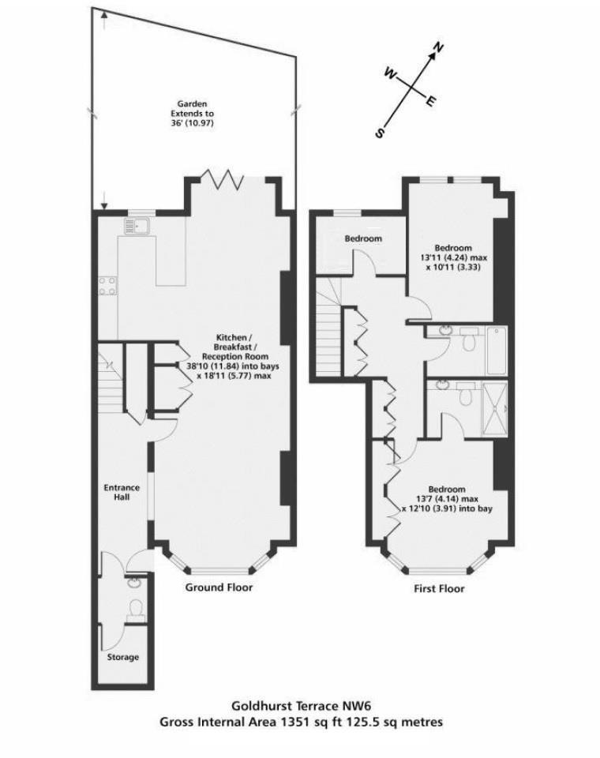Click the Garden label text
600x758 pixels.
click(x=192, y=103)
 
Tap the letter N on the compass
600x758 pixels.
click(x=439, y=49)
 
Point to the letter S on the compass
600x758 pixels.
click(x=380, y=133)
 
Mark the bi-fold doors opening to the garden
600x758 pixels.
click(x=223, y=178)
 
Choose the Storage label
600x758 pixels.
click(x=123, y=657)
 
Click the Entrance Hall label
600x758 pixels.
click(x=122, y=493)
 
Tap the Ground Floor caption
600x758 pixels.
click(x=219, y=587)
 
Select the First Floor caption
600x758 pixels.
click(x=440, y=589)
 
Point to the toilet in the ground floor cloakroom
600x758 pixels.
click(x=136, y=608)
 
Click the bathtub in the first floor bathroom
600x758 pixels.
click(x=497, y=350)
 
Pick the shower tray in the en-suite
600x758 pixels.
click(x=494, y=408)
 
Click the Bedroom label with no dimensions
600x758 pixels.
click(x=363, y=238)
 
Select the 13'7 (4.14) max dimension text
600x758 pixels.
click(x=448, y=499)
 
